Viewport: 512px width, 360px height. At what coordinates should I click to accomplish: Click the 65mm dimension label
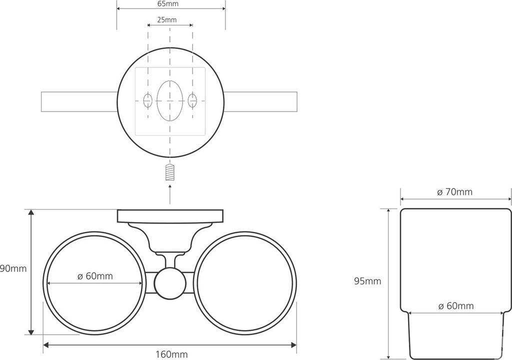(x=168, y=4)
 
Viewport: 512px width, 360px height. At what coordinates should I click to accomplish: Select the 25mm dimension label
(x=167, y=20)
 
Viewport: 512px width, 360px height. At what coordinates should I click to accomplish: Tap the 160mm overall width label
(x=172, y=354)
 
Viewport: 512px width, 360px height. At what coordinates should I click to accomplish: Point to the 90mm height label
(x=13, y=269)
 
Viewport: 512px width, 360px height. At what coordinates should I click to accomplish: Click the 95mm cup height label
(x=367, y=281)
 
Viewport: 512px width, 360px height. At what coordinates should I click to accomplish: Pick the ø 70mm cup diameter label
(x=454, y=192)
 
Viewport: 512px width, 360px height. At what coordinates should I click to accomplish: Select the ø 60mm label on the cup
(x=456, y=306)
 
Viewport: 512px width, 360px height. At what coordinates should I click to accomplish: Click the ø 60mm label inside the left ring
(x=95, y=276)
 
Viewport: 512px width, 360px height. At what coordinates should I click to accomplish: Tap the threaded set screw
(x=170, y=172)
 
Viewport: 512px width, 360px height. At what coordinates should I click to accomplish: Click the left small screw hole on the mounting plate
(x=148, y=100)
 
